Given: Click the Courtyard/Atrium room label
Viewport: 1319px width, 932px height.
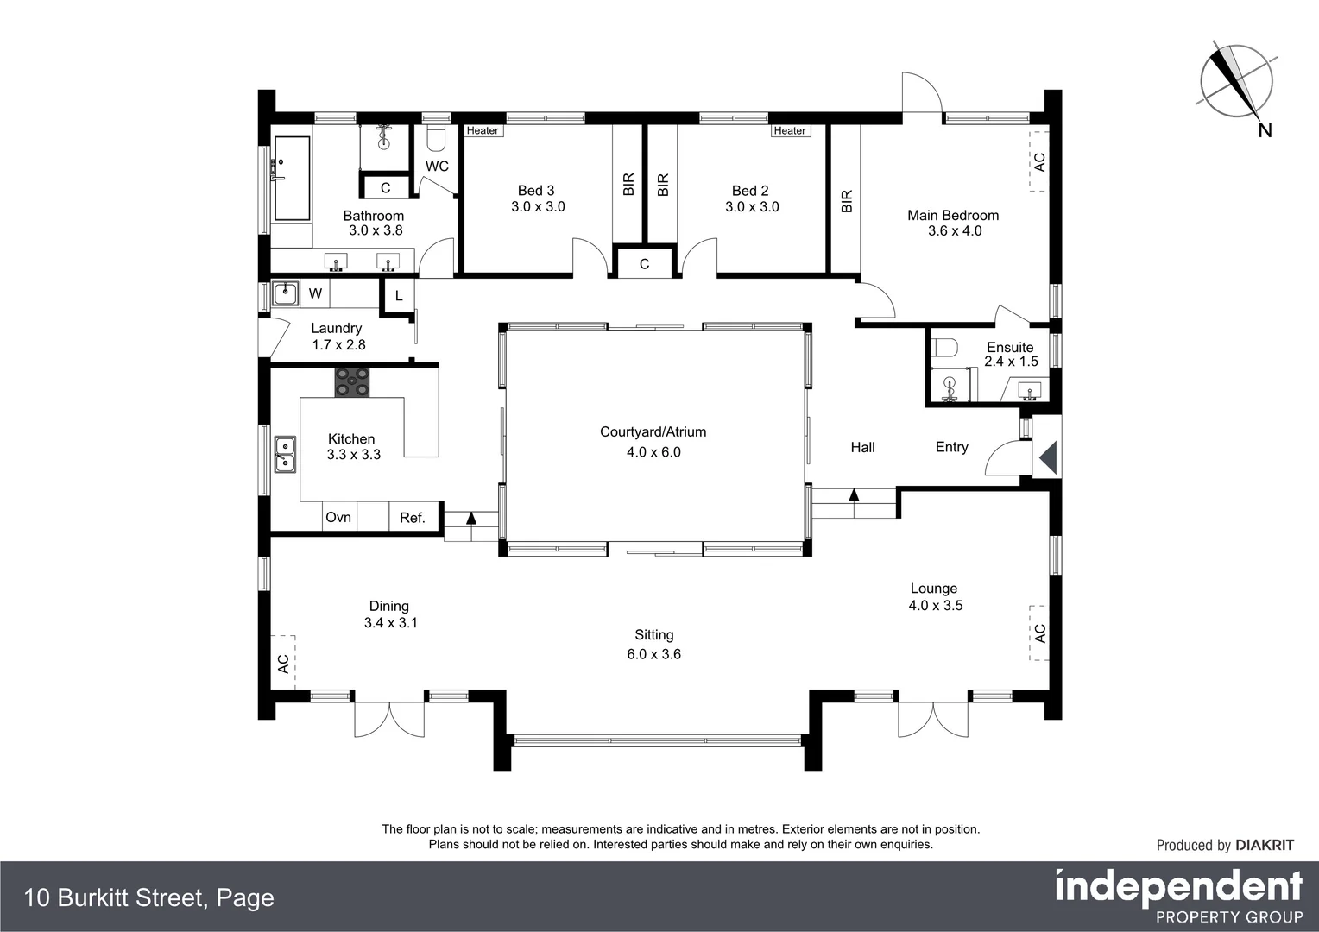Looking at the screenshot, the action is pos(653,432).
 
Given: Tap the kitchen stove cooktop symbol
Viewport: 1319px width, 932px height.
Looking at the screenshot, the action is pos(352,381).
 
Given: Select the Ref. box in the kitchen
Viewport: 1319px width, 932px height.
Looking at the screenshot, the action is pos(413,517).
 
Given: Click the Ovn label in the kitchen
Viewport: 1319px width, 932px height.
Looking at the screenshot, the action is pos(338,517).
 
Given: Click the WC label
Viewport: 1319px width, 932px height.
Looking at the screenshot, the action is pos(437,166).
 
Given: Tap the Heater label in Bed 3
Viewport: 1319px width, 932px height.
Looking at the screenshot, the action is pos(483,131).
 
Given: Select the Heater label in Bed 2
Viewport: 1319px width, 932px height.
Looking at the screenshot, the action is pos(789,131).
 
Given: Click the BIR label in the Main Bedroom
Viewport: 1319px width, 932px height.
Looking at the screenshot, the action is pos(847,201).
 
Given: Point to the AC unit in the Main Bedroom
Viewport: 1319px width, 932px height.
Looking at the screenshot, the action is pos(1038,161).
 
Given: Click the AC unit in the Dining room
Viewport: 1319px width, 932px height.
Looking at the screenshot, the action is pos(283,663).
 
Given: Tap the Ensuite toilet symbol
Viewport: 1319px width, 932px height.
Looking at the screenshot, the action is pos(946,348).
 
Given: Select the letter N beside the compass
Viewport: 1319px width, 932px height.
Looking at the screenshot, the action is pos(1265,130).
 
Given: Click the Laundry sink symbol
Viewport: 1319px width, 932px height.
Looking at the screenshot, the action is pos(284,294).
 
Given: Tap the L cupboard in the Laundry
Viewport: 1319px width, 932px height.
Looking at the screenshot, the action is pos(398,296).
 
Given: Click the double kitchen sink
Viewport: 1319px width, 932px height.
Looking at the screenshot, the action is pos(285,455).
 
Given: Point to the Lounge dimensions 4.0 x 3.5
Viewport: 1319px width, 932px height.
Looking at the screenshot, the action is pos(935,606).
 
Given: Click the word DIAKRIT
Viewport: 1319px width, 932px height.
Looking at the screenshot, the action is pos(1265,845).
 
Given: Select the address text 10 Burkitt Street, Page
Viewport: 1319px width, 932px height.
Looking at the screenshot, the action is pos(149,897).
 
